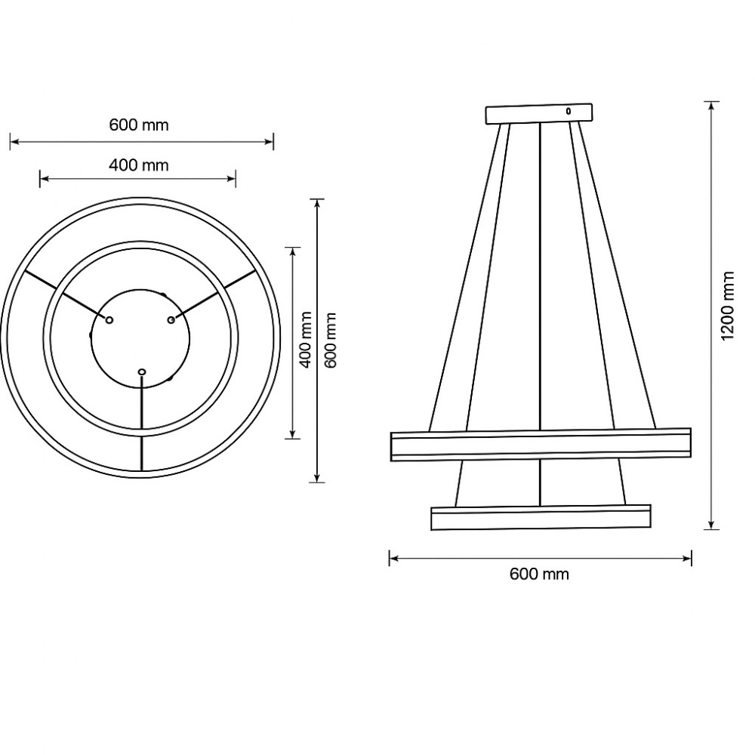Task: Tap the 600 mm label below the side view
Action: click(539, 575)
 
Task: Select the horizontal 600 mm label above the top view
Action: click(139, 125)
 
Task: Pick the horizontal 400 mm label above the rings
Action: click(139, 165)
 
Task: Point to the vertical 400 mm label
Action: click(306, 339)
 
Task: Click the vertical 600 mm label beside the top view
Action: click(330, 340)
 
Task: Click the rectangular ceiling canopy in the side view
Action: click(538, 114)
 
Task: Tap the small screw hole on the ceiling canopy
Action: click(569, 111)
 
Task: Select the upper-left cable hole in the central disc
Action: click(109, 321)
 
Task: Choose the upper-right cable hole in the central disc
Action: click(171, 321)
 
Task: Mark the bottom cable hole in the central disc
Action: click(141, 371)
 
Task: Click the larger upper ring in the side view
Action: click(540, 445)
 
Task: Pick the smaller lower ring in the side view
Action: click(540, 517)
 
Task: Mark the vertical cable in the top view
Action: click(142, 423)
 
